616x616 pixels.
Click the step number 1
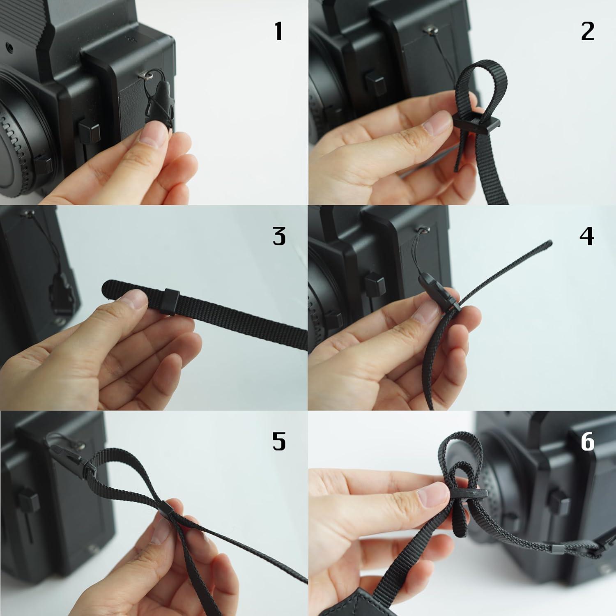pos(278,31)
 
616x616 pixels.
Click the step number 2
pos(587,31)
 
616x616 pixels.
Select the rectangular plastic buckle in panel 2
pos(476,123)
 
